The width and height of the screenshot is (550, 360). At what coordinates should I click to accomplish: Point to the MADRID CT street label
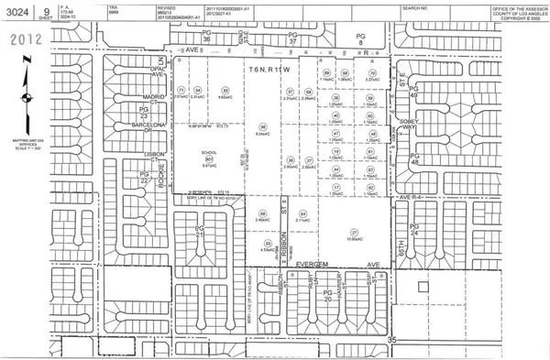pos(139,94)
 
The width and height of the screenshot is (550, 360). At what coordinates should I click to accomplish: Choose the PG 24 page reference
pos(413,228)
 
